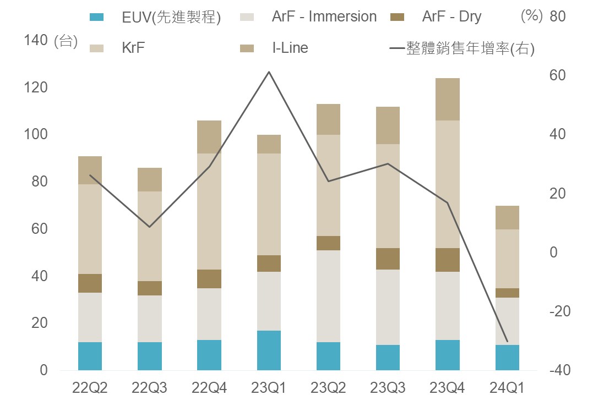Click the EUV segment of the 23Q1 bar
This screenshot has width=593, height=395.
(269, 350)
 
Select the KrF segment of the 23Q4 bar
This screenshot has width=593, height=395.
(447, 184)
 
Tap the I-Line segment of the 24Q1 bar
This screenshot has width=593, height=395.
(507, 217)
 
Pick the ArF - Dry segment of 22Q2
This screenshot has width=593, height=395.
(90, 283)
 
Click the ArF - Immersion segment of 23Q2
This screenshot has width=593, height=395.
(328, 296)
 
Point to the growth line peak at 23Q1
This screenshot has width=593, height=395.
(269, 72)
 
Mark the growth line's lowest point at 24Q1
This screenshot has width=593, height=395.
(507, 341)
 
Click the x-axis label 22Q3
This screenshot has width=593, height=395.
(150, 387)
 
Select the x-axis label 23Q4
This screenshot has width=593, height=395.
(447, 387)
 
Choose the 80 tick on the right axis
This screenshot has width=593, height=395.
(557, 17)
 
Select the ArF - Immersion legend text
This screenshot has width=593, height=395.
(324, 17)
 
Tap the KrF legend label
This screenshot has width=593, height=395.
(133, 48)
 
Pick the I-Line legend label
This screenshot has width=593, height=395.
(290, 48)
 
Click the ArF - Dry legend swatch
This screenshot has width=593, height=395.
(397, 17)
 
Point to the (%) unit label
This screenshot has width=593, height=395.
(531, 16)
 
